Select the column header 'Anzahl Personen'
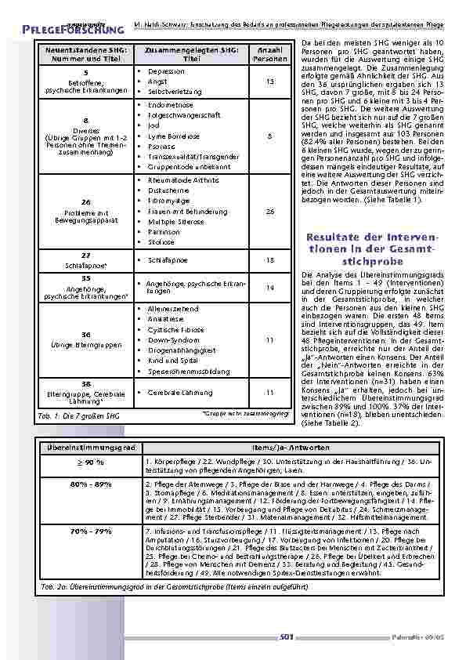[x=270, y=54]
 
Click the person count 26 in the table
[x=270, y=212]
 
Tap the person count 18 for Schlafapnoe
[x=270, y=259]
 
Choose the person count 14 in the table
[x=270, y=288]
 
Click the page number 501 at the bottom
[x=286, y=638]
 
